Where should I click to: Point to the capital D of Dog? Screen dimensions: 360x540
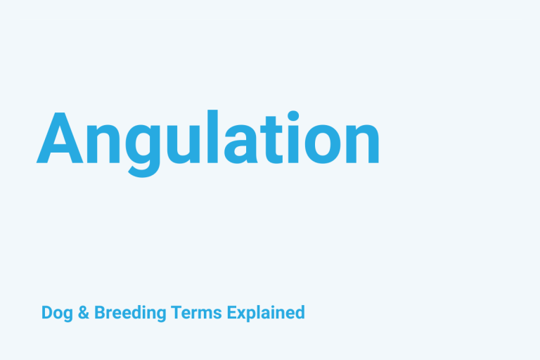[x=46, y=312]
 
